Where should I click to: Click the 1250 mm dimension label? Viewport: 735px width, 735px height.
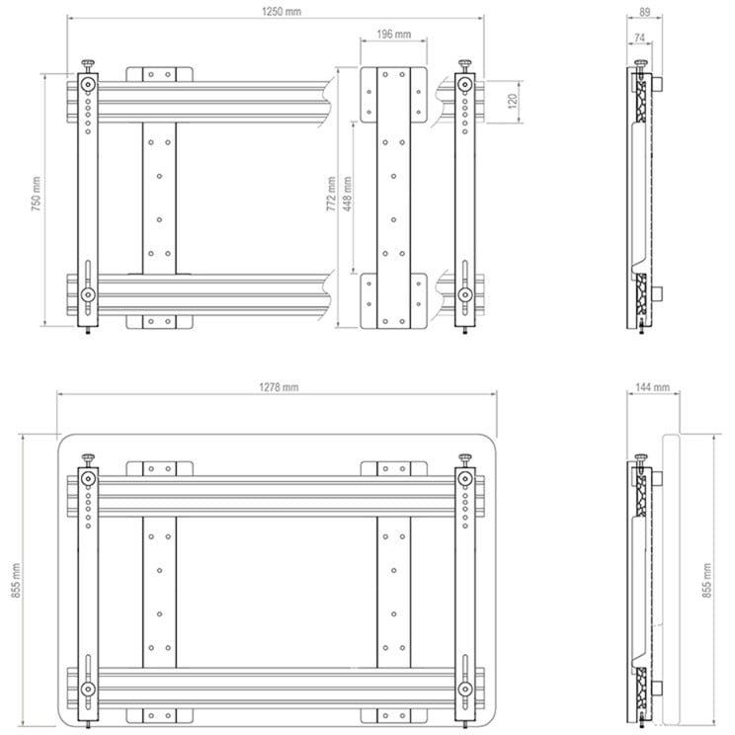282,12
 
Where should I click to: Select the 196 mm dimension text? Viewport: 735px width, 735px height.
394,35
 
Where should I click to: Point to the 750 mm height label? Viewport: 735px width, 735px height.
37,194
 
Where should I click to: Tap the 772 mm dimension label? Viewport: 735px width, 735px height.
331,194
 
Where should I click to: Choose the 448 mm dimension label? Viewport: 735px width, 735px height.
348,194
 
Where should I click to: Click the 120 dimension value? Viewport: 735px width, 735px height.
513,101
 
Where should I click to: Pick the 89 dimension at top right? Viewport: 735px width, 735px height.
645,12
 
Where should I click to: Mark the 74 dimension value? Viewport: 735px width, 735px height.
640,38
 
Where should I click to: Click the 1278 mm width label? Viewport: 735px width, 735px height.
279,387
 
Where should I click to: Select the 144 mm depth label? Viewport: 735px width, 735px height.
652,387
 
